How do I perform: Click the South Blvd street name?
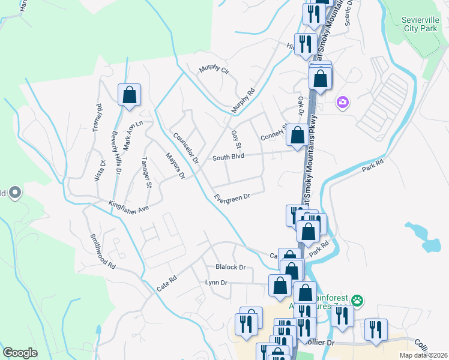click(228, 158)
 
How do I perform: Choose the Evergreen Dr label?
click(232, 196)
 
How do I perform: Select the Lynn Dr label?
click(216, 282)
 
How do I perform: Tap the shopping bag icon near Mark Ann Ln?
click(129, 95)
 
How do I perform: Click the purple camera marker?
click(343, 103)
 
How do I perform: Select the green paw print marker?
click(358, 299)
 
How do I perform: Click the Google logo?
click(20, 352)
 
